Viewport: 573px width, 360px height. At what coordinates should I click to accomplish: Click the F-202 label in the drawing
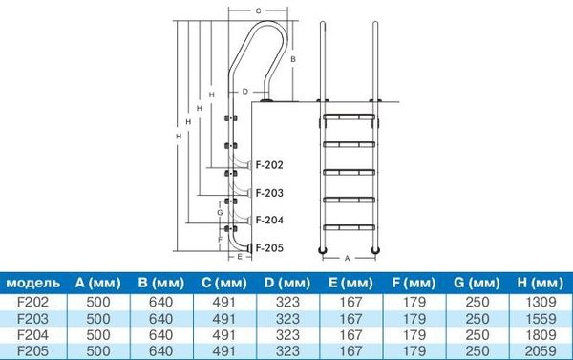[x=269, y=165]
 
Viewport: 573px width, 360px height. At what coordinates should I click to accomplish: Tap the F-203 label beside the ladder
[x=269, y=193]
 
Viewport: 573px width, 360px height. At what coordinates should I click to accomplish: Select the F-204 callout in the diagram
[x=269, y=220]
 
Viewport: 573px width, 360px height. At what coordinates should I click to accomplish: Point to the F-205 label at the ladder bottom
[x=269, y=247]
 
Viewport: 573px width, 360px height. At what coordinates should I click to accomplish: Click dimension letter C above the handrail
[x=258, y=11]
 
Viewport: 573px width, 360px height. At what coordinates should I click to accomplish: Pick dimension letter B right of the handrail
[x=293, y=59]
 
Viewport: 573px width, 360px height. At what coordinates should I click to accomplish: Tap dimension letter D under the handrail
[x=245, y=92]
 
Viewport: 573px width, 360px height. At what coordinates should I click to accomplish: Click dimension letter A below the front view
[x=348, y=259]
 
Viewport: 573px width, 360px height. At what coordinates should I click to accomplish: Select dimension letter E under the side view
[x=240, y=257]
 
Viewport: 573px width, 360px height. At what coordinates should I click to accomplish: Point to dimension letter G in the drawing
[x=220, y=212]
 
